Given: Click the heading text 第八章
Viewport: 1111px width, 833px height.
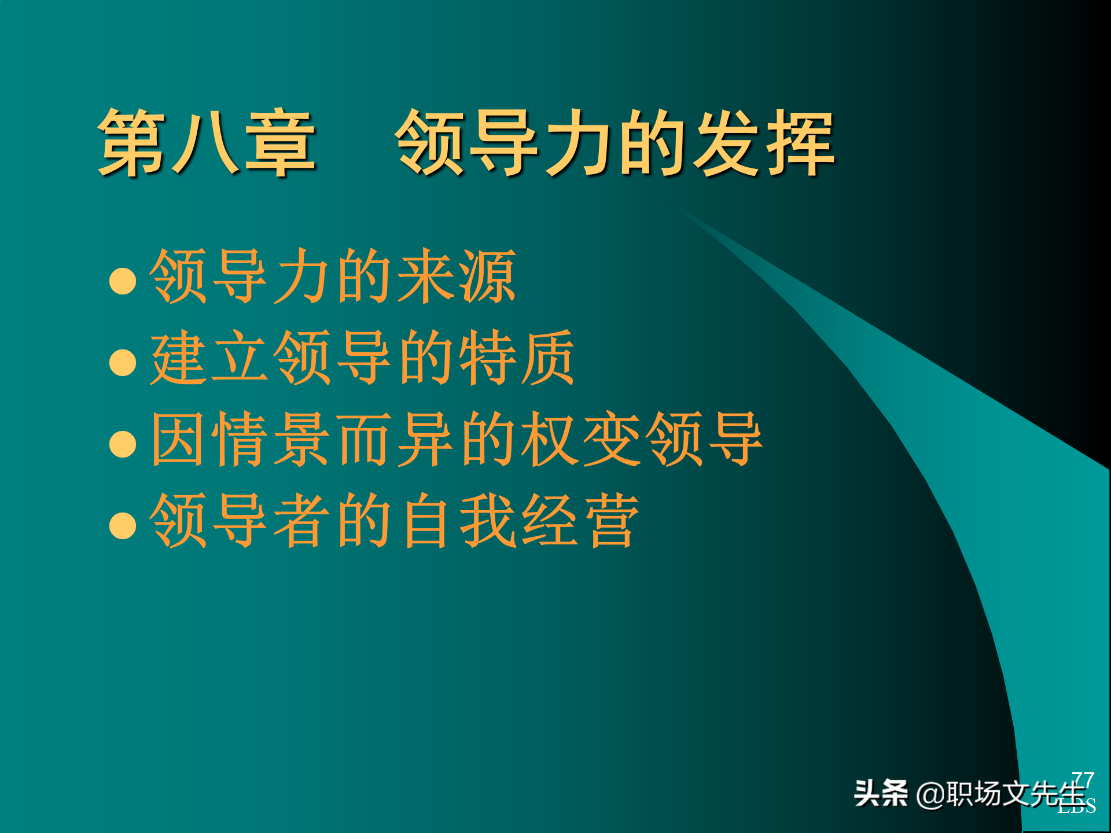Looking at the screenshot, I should point(207,143).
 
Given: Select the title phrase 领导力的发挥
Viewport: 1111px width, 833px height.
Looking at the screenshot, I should point(615,143).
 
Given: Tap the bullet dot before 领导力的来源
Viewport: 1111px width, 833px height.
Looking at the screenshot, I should point(123,281).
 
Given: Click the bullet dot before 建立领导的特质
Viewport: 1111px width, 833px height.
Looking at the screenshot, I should point(123,362).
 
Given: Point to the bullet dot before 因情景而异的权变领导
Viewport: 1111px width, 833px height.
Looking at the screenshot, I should point(123,444).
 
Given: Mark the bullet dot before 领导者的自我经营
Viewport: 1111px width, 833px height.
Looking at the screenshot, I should point(123,525).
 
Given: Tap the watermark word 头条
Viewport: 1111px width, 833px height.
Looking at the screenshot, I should point(881,793).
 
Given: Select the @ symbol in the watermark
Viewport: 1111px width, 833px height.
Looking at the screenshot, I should point(930,794).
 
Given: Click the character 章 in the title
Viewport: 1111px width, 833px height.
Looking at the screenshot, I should point(281,143).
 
